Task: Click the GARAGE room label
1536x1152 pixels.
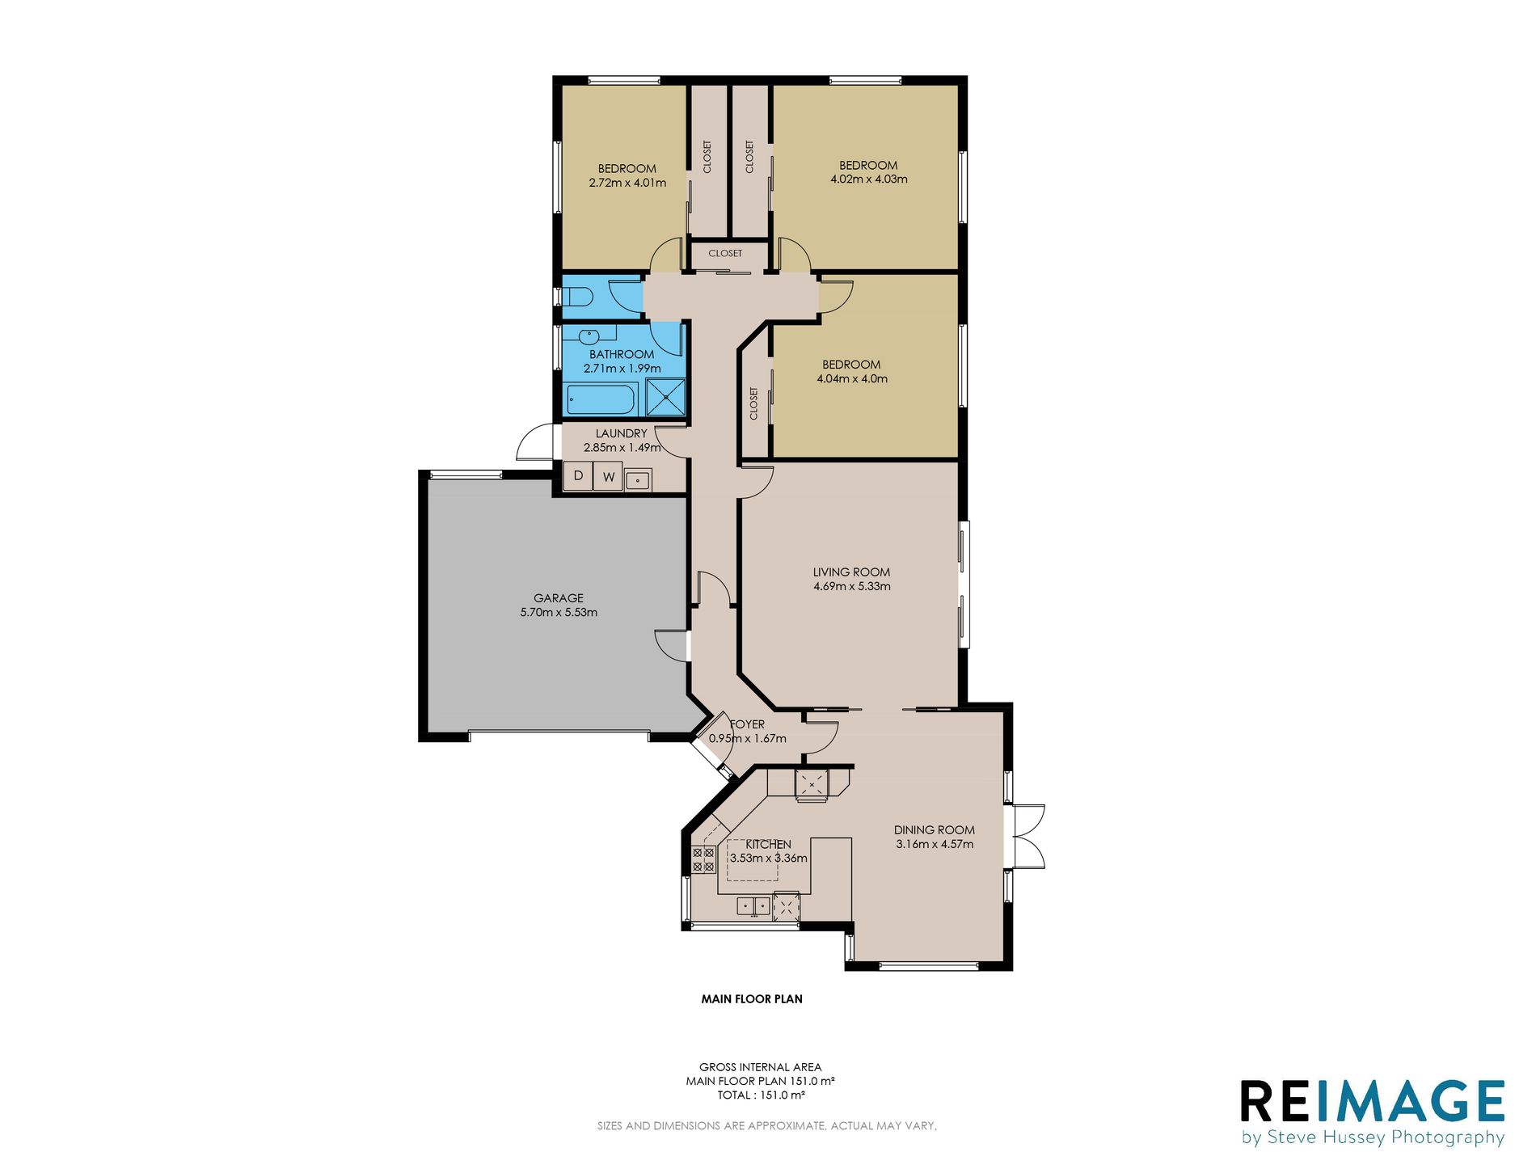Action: coord(558,598)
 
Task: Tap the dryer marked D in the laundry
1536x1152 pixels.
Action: coord(578,476)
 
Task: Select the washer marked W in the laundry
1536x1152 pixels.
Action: coord(608,477)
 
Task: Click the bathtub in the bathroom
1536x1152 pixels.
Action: coord(601,399)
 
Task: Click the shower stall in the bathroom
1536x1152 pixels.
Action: coord(665,397)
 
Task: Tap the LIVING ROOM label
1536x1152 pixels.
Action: coord(851,572)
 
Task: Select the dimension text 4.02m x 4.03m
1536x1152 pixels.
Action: coord(868,179)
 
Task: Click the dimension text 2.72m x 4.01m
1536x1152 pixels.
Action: coord(627,183)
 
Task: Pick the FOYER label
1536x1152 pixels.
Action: coord(747,724)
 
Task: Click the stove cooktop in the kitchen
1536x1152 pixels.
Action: coord(703,859)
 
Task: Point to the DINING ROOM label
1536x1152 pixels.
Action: coord(934,830)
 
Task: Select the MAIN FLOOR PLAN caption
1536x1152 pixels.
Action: coord(752,999)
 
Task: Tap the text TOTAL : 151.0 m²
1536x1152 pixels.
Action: coord(761,1095)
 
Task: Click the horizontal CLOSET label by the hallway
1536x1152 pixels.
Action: coord(725,253)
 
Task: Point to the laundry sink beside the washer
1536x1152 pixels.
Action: coord(638,480)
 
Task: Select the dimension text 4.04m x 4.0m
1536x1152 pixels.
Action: coord(852,378)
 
